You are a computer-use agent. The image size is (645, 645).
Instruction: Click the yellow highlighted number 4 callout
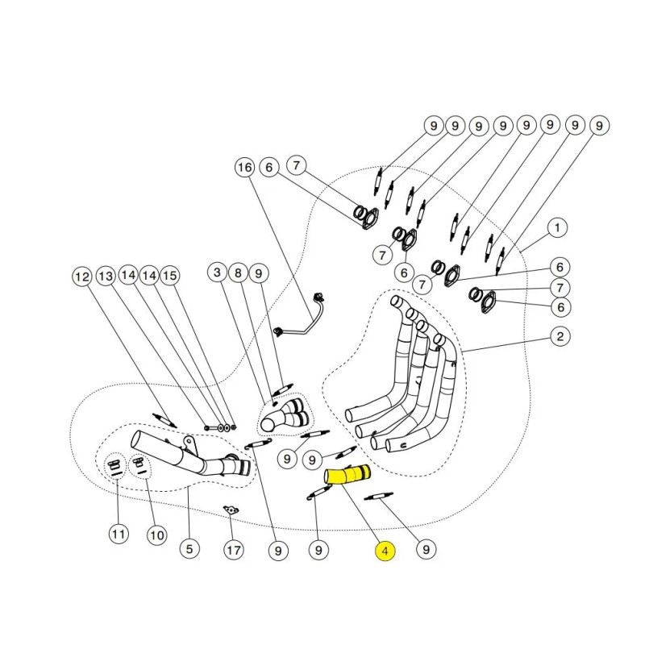(385, 551)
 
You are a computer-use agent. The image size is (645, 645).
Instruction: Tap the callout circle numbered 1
(557, 228)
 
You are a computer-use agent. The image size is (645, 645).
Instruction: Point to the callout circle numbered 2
(558, 337)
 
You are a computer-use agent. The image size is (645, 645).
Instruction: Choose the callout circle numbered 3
(217, 273)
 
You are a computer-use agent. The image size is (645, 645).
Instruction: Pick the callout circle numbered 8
(238, 273)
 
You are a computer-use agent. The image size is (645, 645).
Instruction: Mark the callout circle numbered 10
(156, 534)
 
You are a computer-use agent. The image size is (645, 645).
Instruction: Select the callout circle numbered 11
(119, 534)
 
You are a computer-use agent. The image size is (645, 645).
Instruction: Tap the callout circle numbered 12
(82, 277)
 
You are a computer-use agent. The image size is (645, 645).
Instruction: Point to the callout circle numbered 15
(169, 277)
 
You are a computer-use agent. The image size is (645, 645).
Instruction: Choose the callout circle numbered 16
(244, 168)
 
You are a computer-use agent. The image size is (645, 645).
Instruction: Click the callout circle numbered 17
(232, 551)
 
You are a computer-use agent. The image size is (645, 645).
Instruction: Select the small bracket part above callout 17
(232, 509)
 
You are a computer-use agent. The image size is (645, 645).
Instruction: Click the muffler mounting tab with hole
(189, 443)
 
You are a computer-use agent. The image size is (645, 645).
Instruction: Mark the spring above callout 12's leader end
(164, 419)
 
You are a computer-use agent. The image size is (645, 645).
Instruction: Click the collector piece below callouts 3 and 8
(285, 414)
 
